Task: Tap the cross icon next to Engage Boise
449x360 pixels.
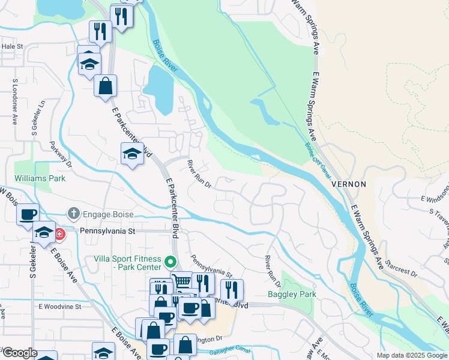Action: click(73, 213)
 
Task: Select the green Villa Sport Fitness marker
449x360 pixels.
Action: click(170, 262)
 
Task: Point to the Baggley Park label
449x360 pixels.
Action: click(292, 295)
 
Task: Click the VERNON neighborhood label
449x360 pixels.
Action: click(348, 184)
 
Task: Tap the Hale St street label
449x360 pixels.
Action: click(12, 46)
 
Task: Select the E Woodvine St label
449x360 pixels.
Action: click(59, 307)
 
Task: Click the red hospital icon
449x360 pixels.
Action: click(60, 233)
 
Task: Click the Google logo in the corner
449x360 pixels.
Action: click(20, 353)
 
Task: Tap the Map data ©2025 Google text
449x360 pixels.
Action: click(411, 355)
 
